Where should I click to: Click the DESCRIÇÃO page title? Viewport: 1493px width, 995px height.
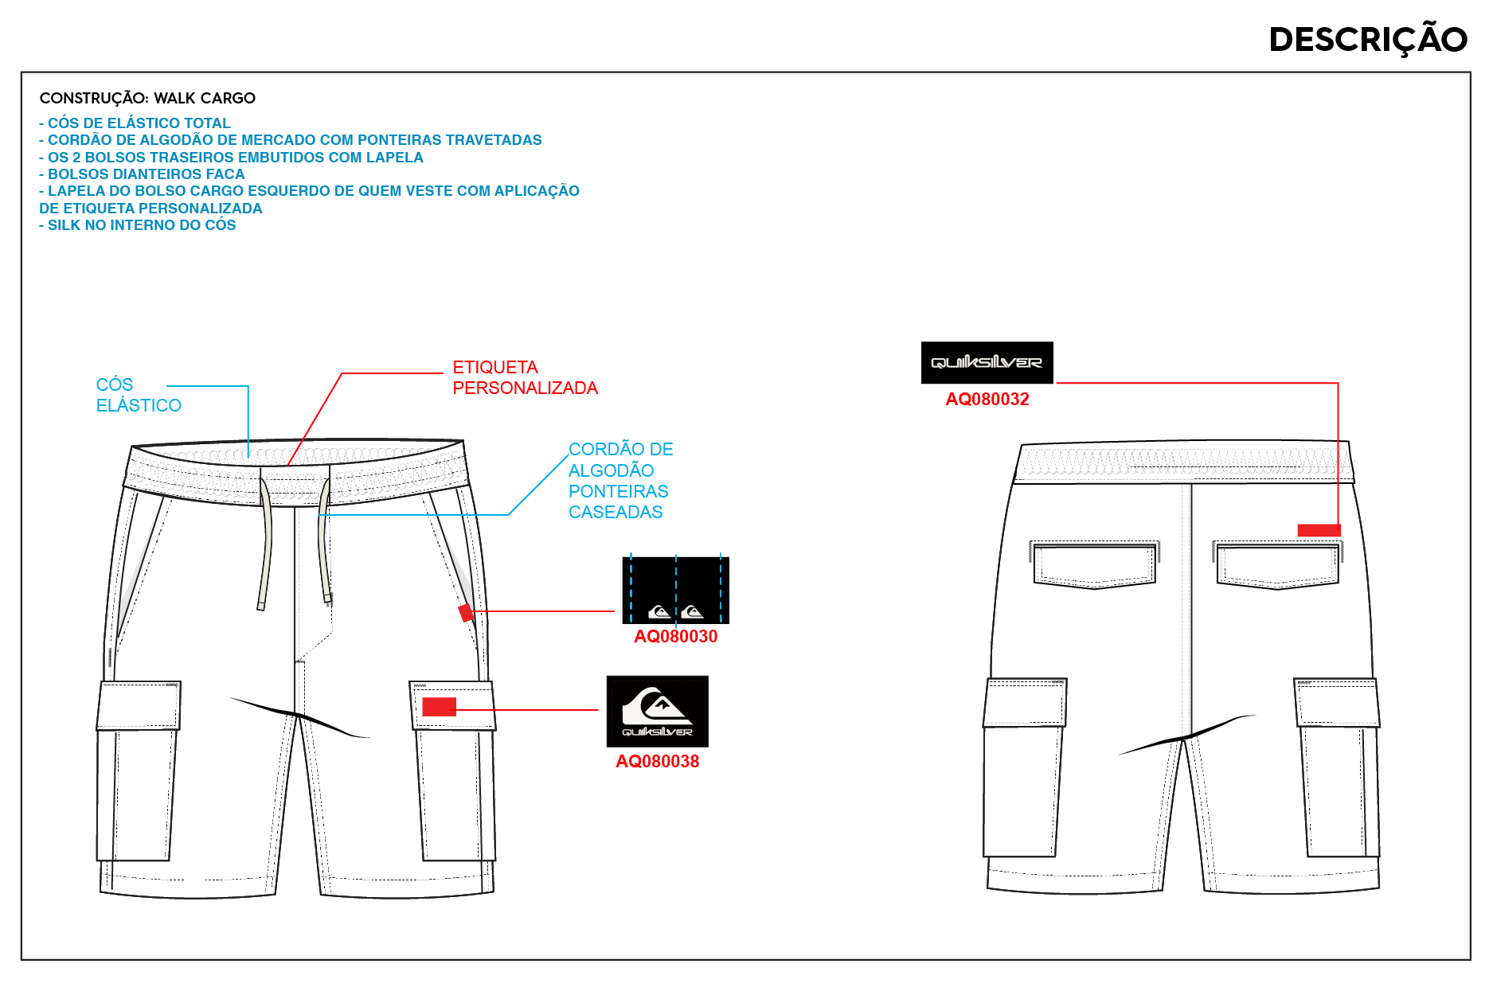click(x=1368, y=39)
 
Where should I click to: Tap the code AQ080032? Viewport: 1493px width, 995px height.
click(x=987, y=400)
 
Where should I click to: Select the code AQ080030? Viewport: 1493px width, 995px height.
click(x=675, y=636)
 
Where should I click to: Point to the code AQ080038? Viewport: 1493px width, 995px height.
click(x=657, y=761)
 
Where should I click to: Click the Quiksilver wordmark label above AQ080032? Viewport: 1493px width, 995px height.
click(x=987, y=363)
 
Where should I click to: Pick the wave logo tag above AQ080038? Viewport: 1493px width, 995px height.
click(x=658, y=712)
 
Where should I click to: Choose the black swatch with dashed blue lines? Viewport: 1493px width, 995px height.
click(x=675, y=590)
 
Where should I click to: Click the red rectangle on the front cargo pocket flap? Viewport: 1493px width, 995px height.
click(x=439, y=707)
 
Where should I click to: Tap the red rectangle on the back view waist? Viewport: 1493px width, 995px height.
click(x=1319, y=530)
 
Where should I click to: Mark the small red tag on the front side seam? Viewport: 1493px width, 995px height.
click(x=466, y=613)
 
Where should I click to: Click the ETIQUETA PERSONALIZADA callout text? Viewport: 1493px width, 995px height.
click(x=525, y=377)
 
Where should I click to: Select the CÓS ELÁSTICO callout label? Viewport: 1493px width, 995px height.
click(x=139, y=395)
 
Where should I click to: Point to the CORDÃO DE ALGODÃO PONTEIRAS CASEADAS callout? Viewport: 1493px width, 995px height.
click(x=620, y=481)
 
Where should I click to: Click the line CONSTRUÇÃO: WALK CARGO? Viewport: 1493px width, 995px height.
click(x=147, y=98)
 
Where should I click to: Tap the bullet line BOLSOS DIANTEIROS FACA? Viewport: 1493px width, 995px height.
click(x=142, y=174)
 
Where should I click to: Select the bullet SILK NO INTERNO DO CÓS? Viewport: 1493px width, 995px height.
click(x=138, y=225)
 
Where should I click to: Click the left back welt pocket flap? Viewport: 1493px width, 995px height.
click(x=1094, y=565)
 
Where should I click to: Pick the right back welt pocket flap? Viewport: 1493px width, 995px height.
click(x=1277, y=565)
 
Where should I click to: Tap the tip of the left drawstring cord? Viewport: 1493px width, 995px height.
click(x=260, y=607)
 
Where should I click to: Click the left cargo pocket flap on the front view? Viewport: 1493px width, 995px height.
click(x=139, y=705)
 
